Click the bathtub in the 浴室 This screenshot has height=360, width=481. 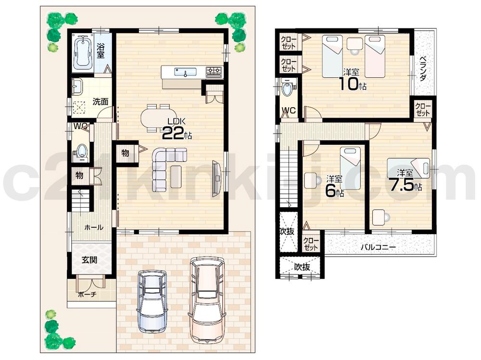click(x=83, y=51)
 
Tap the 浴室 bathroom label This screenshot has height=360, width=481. click(x=101, y=50)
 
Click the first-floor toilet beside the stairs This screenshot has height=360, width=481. click(x=81, y=151)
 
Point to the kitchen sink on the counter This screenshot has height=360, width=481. click(x=185, y=73)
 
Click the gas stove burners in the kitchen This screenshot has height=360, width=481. click(x=214, y=72)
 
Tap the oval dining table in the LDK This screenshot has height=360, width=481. click(x=157, y=117)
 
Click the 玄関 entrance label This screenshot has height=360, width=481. click(x=89, y=260)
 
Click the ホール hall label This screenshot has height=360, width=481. click(x=94, y=227)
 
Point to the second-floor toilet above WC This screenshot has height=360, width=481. click(x=288, y=89)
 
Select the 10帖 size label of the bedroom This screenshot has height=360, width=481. click(x=353, y=85)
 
